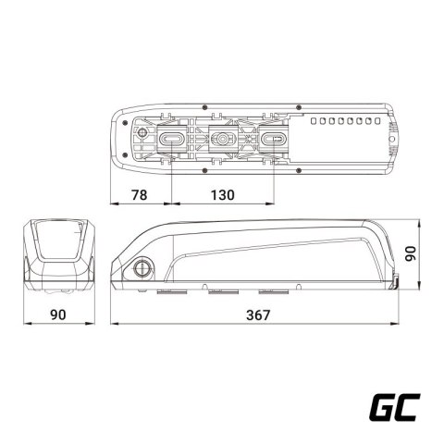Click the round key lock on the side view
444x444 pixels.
click(x=144, y=269)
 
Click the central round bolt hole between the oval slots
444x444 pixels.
click(x=223, y=140)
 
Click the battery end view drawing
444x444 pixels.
click(x=58, y=254)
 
